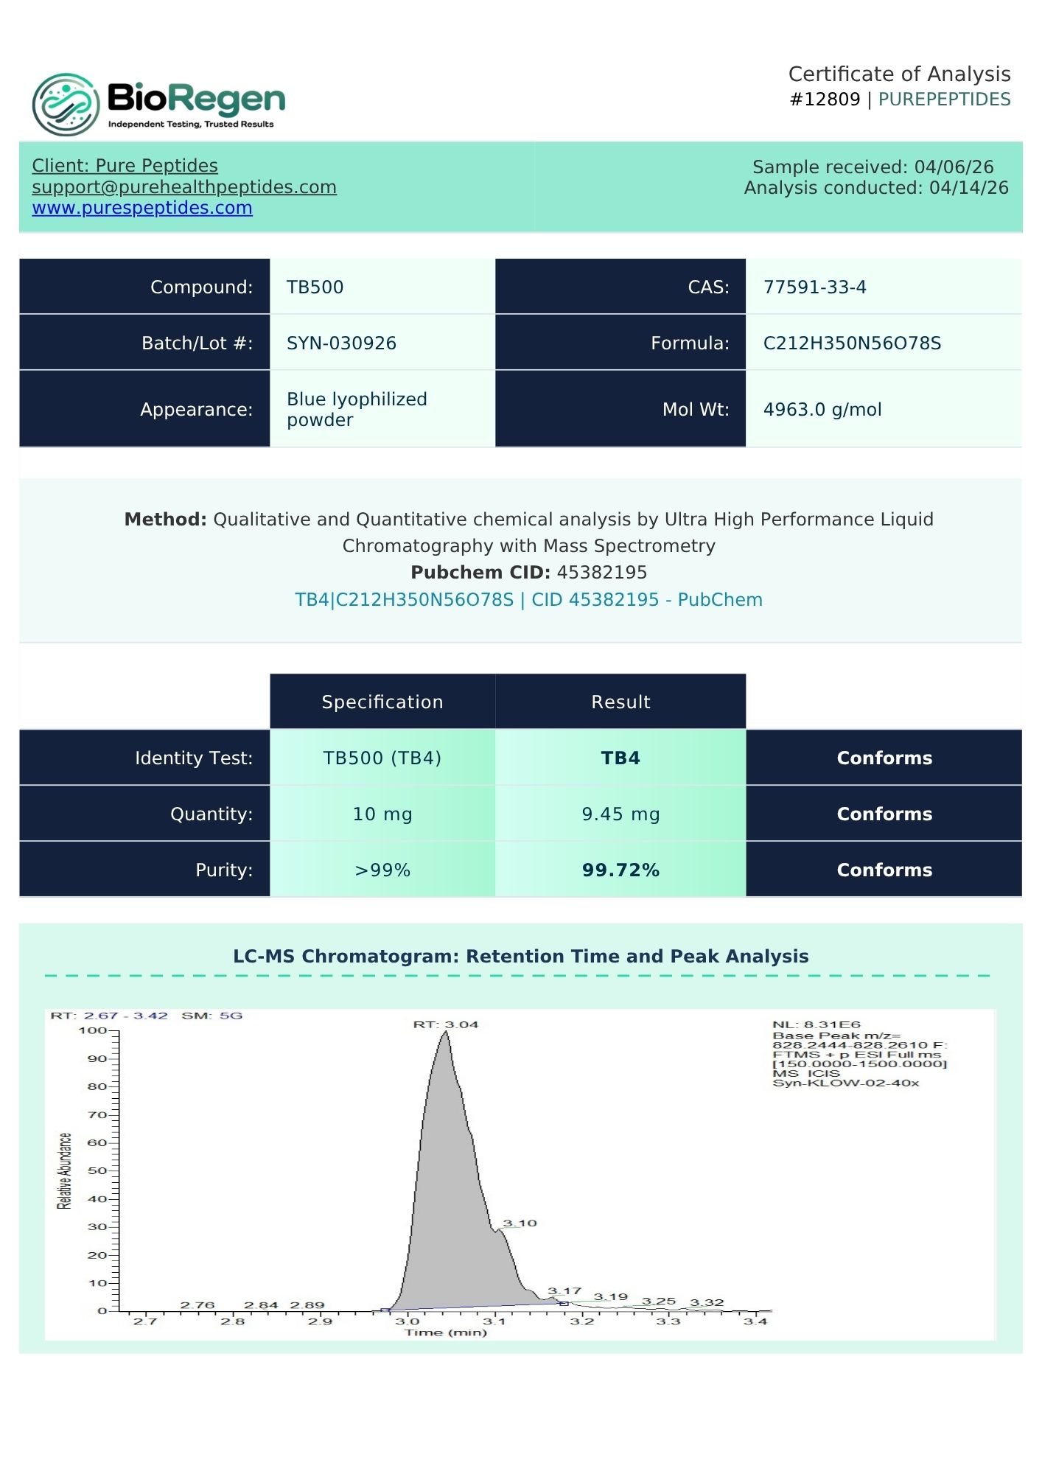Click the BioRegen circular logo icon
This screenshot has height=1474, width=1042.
pyautogui.click(x=66, y=104)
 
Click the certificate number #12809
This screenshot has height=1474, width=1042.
pyautogui.click(x=825, y=99)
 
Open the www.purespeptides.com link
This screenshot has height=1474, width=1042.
pyautogui.click(x=142, y=208)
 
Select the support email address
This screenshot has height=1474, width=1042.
pyautogui.click(x=184, y=187)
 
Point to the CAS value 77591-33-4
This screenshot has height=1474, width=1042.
pyautogui.click(x=814, y=287)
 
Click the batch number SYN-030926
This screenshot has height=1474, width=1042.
pyautogui.click(x=341, y=343)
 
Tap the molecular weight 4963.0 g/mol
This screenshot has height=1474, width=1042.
pyautogui.click(x=822, y=410)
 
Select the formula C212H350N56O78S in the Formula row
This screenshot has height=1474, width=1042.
pyautogui.click(x=852, y=343)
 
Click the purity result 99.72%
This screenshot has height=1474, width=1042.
pyautogui.click(x=620, y=870)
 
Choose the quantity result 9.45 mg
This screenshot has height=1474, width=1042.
pyautogui.click(x=620, y=814)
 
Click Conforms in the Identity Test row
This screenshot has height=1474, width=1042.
pyautogui.click(x=884, y=758)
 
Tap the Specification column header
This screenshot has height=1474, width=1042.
pyautogui.click(x=382, y=702)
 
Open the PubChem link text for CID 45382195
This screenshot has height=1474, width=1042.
pyautogui.click(x=528, y=599)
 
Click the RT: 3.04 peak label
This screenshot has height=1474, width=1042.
pyautogui.click(x=445, y=1024)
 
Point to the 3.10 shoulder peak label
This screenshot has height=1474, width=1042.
pyautogui.click(x=520, y=1223)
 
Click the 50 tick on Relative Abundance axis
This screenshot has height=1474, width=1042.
pyautogui.click(x=97, y=1170)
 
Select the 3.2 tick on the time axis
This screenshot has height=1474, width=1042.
pyautogui.click(x=581, y=1321)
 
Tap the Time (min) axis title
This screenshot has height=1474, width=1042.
pyautogui.click(x=445, y=1332)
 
